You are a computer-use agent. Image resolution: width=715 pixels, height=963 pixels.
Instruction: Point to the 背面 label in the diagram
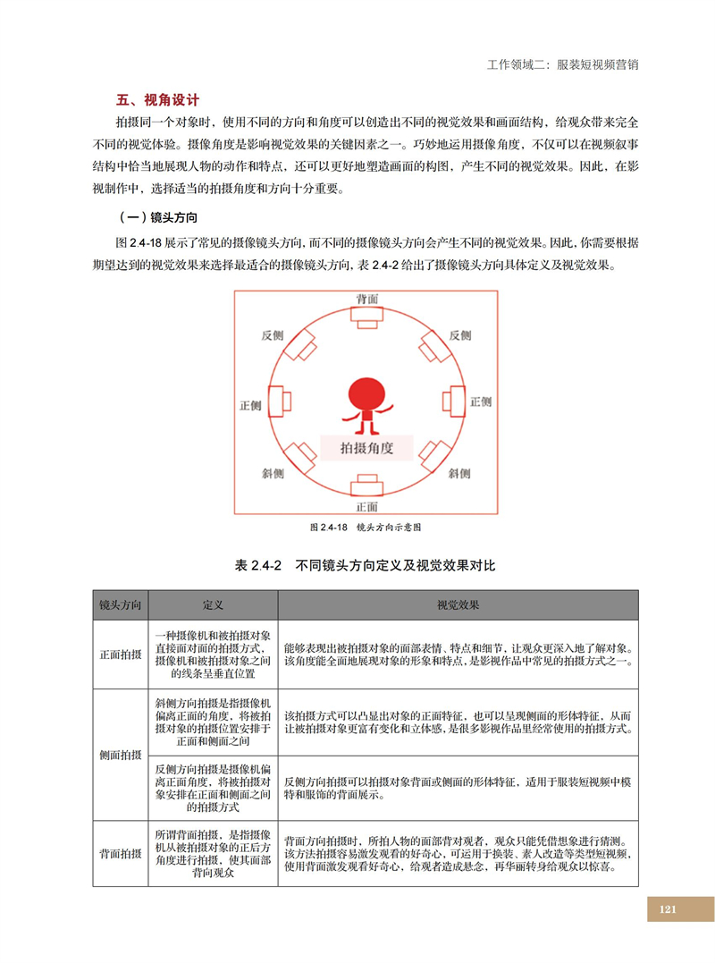(x=366, y=297)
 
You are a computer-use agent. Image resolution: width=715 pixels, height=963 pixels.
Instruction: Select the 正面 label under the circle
(x=366, y=507)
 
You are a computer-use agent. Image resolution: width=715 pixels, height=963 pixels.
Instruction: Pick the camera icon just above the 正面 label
(x=366, y=484)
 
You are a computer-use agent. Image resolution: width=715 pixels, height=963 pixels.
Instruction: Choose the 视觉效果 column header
(x=458, y=605)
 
